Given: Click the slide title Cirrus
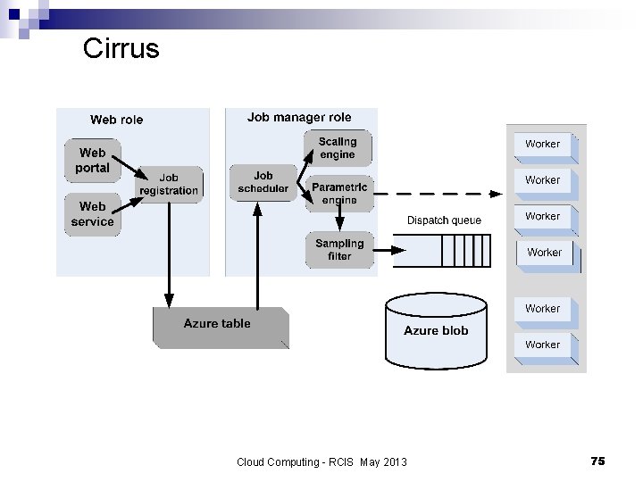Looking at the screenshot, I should pos(121,48).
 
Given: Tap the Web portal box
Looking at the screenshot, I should pos(92,161).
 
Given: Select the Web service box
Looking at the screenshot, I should pos(92,214).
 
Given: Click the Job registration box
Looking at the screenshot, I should pos(169,184).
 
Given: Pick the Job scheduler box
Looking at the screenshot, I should pos(263,182).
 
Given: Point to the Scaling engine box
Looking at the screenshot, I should pos(338,148).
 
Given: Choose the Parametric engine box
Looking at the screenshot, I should pos(339,193).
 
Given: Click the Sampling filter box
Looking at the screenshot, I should pos(339,249).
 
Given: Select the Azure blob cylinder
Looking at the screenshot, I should pos(436,330).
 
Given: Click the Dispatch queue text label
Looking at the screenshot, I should pos(444,220).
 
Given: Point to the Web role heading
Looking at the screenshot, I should pos(116,120).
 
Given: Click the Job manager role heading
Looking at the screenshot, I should pos(299,117).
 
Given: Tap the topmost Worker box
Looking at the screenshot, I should pos(543,145).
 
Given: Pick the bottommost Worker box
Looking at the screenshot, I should pos(543,345).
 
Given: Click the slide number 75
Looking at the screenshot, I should pos(597,461).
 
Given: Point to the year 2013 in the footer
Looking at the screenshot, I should pos(393,461).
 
